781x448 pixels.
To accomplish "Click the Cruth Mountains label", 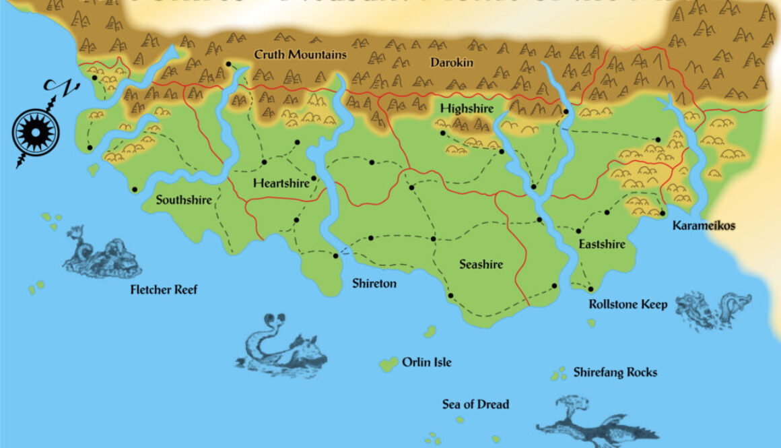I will point(300,55).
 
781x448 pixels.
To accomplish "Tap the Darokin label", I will point(452,63).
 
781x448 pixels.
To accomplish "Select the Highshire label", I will point(467,108).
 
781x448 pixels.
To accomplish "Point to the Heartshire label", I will point(281,183).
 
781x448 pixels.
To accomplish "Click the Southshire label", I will point(184,200).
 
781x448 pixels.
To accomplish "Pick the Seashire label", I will point(481,265).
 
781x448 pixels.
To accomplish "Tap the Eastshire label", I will point(602,244).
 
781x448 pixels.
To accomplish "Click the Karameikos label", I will point(704,226).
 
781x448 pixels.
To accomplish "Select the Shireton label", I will point(374,284).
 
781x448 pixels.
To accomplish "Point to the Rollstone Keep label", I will point(628,304).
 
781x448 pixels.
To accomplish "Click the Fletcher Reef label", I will point(164,290).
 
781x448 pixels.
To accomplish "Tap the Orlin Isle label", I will point(426,362).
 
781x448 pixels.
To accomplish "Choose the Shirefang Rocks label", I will point(615,372).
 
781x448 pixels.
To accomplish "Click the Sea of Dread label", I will point(475,404).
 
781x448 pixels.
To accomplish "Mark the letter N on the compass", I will point(49,87).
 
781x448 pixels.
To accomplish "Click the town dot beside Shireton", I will point(335,255).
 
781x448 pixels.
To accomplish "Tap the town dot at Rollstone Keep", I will point(590,290).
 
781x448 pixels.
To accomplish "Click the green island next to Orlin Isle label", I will point(388,364).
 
